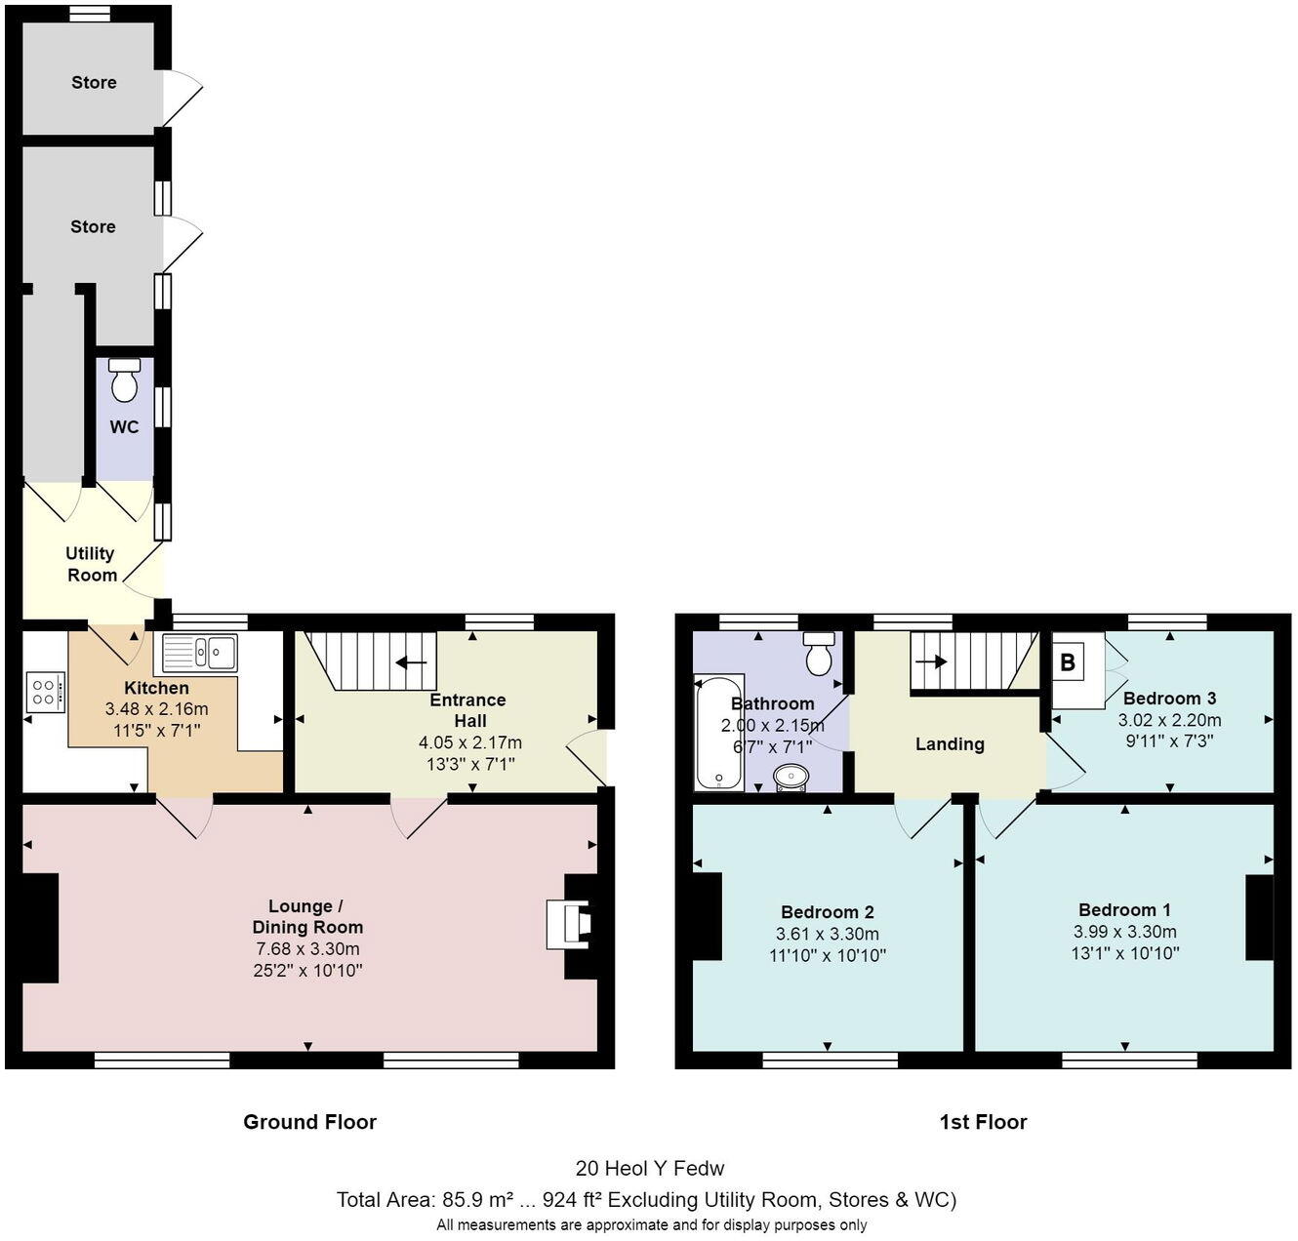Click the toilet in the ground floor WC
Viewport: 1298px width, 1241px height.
(x=124, y=380)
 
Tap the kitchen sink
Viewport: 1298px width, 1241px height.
(x=200, y=653)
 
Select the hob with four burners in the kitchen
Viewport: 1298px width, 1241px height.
(x=45, y=692)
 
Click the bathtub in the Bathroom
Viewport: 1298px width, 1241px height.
(x=719, y=732)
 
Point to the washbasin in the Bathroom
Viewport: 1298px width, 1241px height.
(x=791, y=778)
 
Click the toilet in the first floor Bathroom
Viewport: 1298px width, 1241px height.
(x=818, y=653)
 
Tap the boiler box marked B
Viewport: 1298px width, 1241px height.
(x=1068, y=662)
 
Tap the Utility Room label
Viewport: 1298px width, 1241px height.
(x=91, y=565)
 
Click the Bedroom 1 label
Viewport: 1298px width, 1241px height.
(x=1124, y=909)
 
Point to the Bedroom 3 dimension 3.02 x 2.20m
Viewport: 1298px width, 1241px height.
(x=1169, y=720)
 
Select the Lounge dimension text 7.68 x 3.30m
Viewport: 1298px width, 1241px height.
(x=307, y=948)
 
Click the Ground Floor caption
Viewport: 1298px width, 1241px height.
(x=309, y=1122)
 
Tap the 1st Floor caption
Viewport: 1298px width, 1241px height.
(x=983, y=1122)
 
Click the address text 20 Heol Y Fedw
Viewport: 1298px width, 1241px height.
(x=650, y=1168)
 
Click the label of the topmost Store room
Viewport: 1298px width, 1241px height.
(x=94, y=83)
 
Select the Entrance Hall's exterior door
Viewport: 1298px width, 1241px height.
(x=588, y=756)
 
